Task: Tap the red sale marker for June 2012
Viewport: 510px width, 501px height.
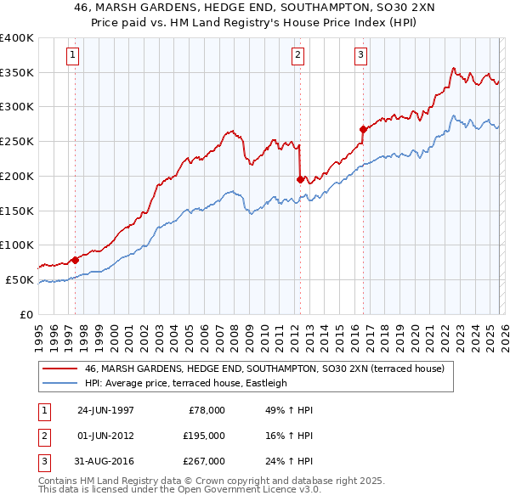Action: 300,179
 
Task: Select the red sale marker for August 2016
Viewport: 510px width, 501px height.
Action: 363,130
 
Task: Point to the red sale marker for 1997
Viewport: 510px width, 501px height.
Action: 75,260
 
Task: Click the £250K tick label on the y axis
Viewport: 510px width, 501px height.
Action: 17,142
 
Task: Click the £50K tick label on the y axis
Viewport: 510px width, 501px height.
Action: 20,279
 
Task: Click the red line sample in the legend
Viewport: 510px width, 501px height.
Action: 60,369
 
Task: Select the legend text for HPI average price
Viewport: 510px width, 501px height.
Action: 186,383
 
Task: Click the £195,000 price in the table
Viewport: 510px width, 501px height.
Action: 204,436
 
